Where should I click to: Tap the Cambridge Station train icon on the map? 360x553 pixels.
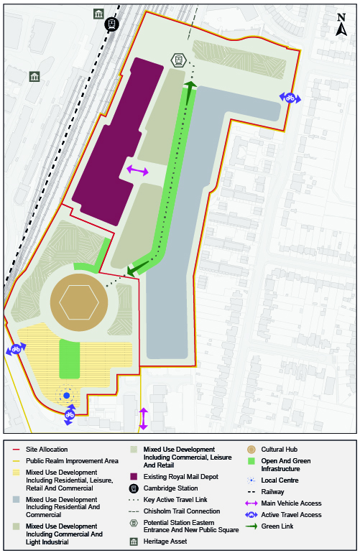click(x=111, y=25)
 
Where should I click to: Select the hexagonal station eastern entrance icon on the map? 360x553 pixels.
click(x=178, y=60)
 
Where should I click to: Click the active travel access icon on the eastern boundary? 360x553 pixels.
click(x=290, y=98)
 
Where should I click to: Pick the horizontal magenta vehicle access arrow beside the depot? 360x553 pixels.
click(x=137, y=170)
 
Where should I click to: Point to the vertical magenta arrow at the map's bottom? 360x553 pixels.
click(x=143, y=419)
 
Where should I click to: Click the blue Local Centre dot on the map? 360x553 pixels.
click(x=66, y=395)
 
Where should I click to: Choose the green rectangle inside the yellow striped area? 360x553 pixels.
click(x=68, y=360)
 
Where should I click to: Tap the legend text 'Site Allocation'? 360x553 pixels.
click(x=47, y=450)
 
